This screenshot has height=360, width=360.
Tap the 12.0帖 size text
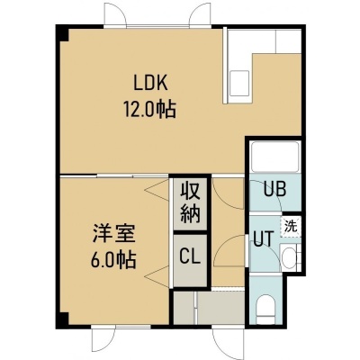pyautogui.click(x=149, y=110)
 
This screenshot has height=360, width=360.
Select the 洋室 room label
pyautogui.click(x=114, y=233)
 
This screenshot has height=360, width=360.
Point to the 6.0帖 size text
pyautogui.click(x=113, y=259)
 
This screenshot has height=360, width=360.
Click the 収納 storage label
pyautogui.click(x=190, y=204)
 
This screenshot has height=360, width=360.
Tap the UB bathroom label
pyautogui.click(x=274, y=189)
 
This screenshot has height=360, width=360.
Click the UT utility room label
pyautogui.click(x=264, y=239)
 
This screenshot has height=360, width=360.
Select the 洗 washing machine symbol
pyautogui.click(x=291, y=227)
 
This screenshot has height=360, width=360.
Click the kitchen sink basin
pyautogui.click(x=240, y=84)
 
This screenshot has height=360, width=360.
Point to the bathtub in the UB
pyautogui.click(x=275, y=157)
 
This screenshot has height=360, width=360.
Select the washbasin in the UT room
pyautogui.click(x=289, y=258)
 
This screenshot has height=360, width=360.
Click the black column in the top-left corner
pyautogui.click(x=63, y=34)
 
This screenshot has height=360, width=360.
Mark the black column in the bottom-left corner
pyautogui.click(x=62, y=320)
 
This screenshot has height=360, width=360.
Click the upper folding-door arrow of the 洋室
pyautogui.click(x=157, y=190)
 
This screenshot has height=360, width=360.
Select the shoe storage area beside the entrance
pyautogui.click(x=209, y=308)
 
